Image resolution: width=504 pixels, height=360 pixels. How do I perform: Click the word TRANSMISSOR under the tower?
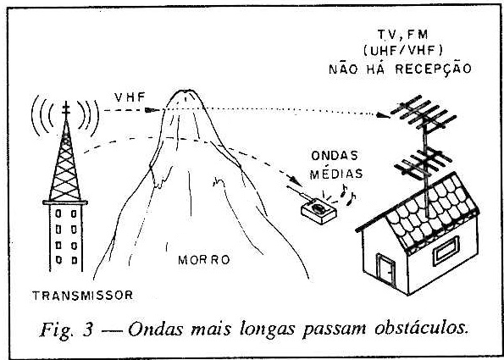(x=83, y=295)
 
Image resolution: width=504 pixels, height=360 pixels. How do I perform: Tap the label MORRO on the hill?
(x=204, y=260)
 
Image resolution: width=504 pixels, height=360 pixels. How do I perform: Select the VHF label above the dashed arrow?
(x=130, y=97)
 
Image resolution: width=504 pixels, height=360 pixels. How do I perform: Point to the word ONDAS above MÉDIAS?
(x=335, y=156)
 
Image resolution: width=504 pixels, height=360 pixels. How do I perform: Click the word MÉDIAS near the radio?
(x=336, y=174)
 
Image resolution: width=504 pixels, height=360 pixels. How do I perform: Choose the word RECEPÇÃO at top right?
(x=434, y=69)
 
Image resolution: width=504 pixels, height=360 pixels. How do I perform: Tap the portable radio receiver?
(x=318, y=211)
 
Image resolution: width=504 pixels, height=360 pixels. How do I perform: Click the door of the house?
(x=385, y=271)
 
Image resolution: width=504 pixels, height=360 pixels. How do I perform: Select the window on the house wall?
(x=446, y=251)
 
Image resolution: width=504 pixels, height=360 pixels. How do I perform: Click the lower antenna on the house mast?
(x=424, y=164)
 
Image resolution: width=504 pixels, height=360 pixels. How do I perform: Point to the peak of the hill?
(x=186, y=91)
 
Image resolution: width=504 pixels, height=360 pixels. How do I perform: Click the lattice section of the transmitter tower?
(x=65, y=160)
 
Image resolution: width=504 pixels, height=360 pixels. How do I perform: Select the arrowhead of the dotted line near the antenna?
(x=383, y=114)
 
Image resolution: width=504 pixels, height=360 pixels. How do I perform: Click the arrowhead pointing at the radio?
(x=297, y=181)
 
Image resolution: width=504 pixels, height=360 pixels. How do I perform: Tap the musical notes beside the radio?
(x=348, y=194)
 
